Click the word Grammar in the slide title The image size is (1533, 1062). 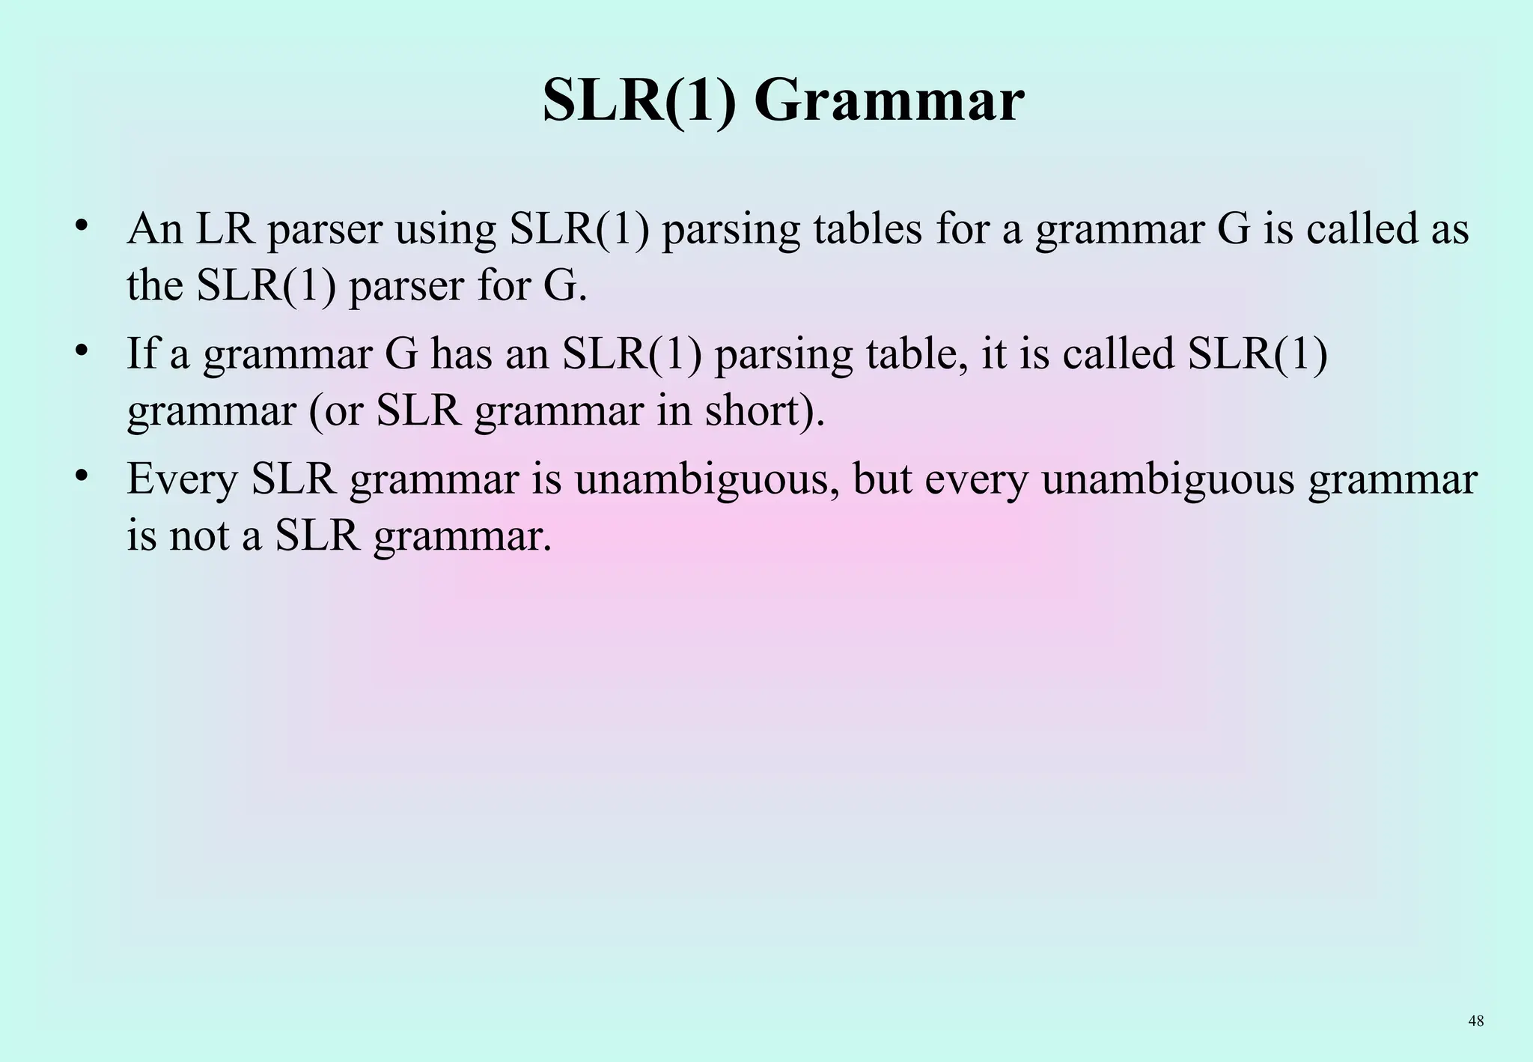tap(889, 100)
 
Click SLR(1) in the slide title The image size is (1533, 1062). tap(642, 100)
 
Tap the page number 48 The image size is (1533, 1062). tap(1476, 1021)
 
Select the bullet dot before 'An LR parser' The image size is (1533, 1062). tap(82, 225)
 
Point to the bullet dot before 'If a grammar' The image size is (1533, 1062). tap(82, 350)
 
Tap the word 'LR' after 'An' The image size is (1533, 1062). tap(225, 229)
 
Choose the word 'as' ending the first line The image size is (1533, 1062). tap(1449, 229)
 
